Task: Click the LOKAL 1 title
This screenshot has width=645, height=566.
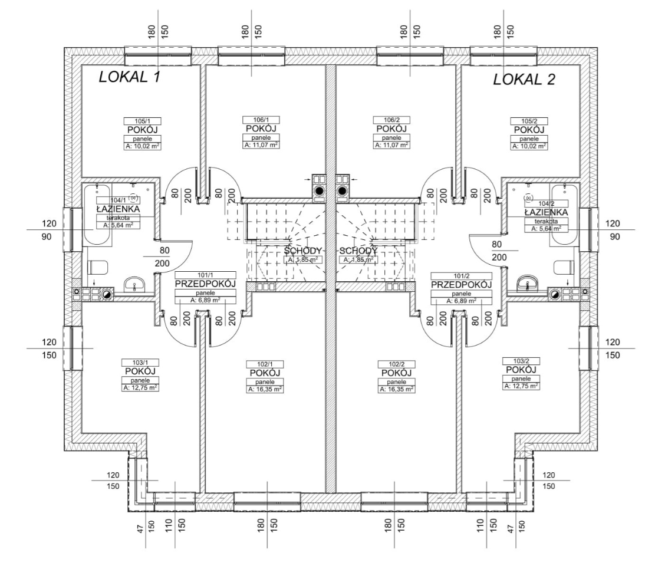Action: (129, 77)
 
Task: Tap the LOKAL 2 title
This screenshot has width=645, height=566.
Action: (524, 80)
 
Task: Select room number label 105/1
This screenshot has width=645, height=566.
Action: (143, 121)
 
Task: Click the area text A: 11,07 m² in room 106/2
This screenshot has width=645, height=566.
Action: (391, 145)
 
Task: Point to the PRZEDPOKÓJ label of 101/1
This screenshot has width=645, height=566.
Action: (205, 284)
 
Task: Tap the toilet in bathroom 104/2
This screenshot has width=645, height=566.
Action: (564, 267)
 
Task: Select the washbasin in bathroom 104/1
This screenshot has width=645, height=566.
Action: (134, 284)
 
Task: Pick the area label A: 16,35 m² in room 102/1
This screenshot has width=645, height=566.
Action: (265, 389)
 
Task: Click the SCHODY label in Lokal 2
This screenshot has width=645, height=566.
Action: (358, 251)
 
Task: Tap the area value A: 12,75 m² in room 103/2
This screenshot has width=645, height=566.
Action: (521, 386)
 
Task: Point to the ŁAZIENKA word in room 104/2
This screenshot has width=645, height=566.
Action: (546, 212)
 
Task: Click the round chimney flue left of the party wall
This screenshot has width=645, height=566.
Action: (318, 191)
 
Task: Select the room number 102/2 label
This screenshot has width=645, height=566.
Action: (397, 364)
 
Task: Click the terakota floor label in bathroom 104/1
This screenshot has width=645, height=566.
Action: (118, 218)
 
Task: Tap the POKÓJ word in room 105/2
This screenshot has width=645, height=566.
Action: (529, 130)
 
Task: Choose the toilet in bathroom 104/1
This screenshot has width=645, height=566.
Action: (98, 267)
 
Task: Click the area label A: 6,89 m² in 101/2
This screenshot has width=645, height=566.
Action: (462, 301)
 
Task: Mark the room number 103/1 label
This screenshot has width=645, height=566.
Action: (140, 363)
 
